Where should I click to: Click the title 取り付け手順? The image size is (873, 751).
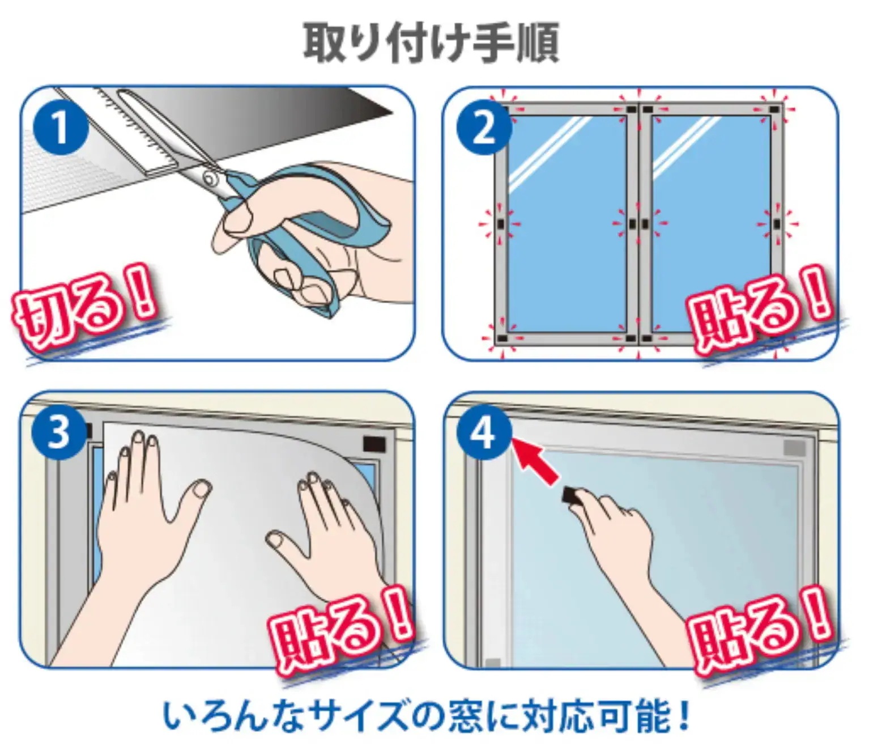pyautogui.click(x=431, y=43)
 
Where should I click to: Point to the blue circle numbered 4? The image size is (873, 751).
pyautogui.click(x=483, y=433)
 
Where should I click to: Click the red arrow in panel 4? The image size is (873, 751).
pyautogui.click(x=536, y=462)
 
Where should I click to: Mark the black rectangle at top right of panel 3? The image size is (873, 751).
pyautogui.click(x=374, y=443)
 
